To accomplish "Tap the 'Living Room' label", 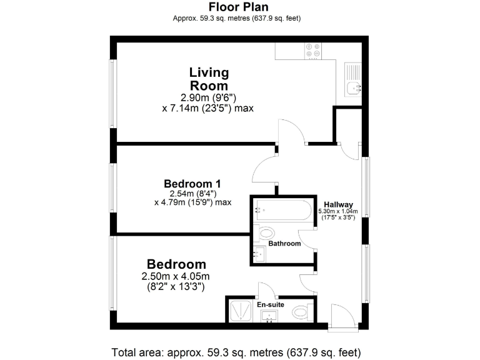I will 209,79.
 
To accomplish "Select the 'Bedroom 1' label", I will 192,184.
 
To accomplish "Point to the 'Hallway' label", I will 338,204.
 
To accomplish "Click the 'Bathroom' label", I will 284,243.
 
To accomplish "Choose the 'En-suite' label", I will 271,304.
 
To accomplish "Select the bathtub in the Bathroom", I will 282,211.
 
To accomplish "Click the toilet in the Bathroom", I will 265,234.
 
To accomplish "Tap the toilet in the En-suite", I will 301,311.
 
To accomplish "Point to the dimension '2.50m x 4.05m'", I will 176,276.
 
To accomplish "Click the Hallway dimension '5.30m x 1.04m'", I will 338,211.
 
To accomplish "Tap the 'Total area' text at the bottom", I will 236,351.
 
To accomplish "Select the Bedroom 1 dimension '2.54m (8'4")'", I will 192,194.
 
